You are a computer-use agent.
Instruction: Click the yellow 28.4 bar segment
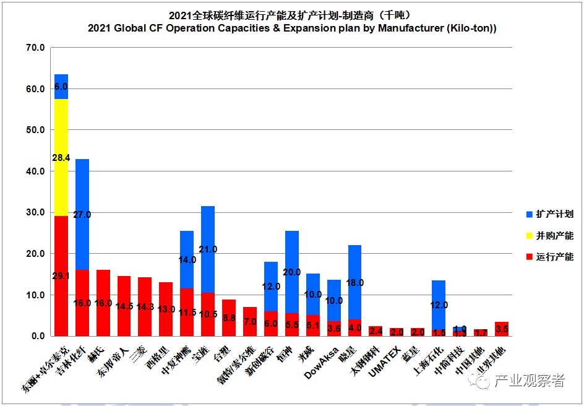point(61,157)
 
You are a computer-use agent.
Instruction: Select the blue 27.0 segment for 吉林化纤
point(82,214)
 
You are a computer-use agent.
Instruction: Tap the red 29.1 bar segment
point(61,276)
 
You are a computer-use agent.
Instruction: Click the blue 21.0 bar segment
point(208,249)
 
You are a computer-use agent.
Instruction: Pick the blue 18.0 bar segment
point(354,282)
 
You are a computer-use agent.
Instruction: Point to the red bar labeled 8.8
point(229,318)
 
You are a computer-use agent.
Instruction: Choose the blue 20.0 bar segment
point(291,272)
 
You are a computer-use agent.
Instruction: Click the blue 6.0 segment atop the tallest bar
point(61,87)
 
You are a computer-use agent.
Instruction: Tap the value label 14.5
point(124,306)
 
